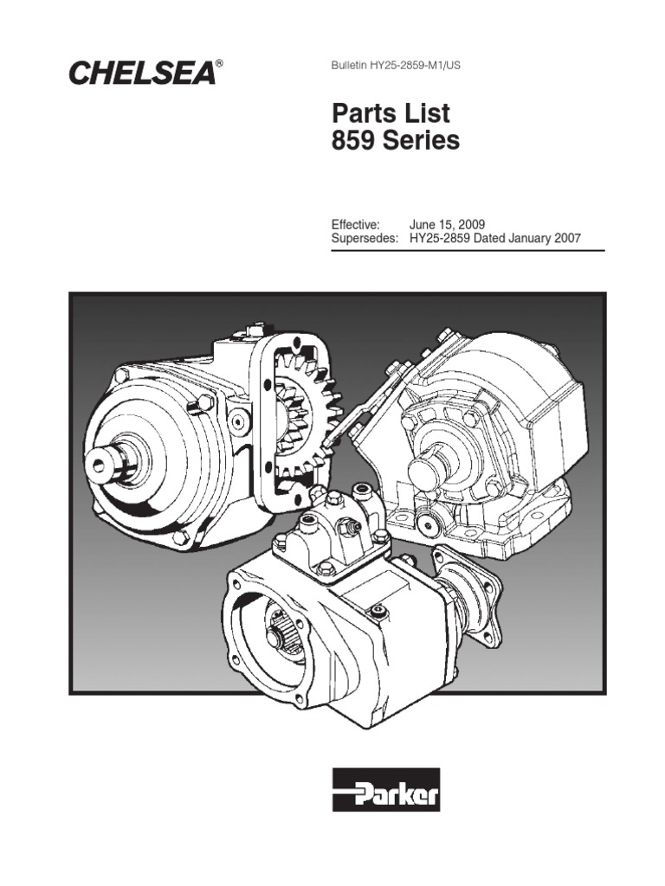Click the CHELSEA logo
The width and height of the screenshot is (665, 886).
pos(142,73)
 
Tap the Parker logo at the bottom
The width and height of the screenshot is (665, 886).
pos(385,790)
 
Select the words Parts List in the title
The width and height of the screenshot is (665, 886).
pos(391,113)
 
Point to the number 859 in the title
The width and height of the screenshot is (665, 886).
pos(352,140)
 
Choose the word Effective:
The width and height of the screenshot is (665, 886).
pos(355,224)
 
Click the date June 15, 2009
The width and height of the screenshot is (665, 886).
pos(447,224)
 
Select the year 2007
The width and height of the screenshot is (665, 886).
pos(567,238)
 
